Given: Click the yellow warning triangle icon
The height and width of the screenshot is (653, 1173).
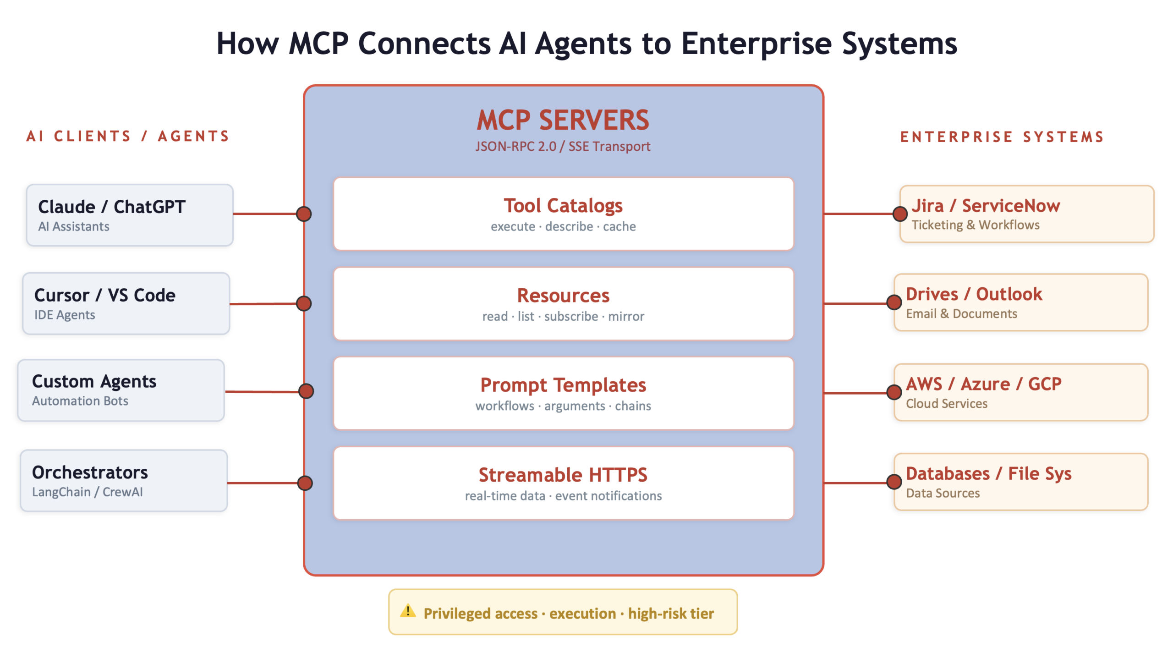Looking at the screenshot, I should (407, 611).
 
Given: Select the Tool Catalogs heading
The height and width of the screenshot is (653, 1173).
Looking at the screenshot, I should (563, 206).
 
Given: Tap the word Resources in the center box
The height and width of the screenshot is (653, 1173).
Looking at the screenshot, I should (563, 296).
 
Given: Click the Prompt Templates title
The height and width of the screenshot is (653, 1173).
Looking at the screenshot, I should (563, 385).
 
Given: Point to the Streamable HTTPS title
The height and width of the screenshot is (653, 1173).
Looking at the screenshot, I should (563, 475).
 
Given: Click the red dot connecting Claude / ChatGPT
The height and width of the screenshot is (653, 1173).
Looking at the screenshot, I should (304, 214).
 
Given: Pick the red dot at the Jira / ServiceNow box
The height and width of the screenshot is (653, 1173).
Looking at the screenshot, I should (900, 214).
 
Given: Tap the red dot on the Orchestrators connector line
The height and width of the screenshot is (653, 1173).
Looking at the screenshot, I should (305, 483).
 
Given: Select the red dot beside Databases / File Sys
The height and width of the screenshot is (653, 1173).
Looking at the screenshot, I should (894, 482).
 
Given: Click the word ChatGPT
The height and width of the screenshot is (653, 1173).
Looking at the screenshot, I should (149, 207).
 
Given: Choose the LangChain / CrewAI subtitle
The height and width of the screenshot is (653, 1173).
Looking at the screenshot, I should (87, 492).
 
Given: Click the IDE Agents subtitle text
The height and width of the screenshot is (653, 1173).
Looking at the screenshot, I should (65, 315).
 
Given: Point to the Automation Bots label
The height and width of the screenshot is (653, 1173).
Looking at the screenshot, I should (80, 401).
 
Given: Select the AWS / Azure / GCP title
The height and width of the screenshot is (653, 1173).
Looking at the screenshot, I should (983, 384).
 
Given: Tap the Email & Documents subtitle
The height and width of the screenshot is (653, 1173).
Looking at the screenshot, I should (961, 314).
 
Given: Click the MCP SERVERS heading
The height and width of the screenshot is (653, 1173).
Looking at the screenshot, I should (563, 120).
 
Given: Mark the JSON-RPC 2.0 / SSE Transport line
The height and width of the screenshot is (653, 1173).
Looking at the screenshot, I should (563, 147).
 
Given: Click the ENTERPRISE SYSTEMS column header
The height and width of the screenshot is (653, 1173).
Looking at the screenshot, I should (1002, 137).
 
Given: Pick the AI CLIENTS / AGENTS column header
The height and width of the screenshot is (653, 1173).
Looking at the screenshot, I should (128, 136).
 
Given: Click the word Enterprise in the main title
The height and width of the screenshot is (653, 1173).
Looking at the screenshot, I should (756, 44).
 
